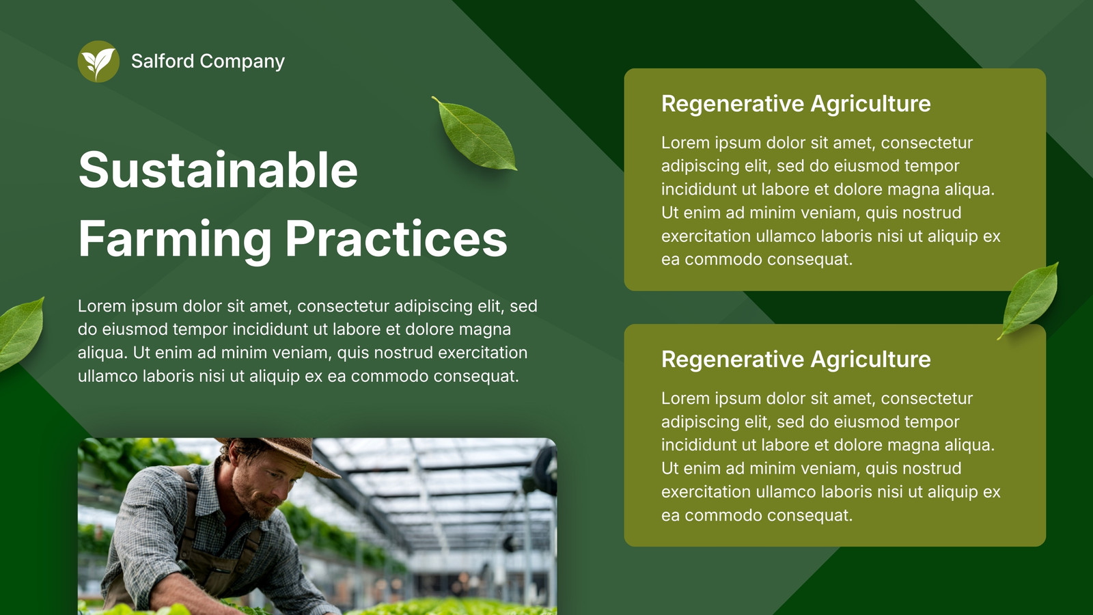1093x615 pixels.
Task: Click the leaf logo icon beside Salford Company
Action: [x=98, y=61]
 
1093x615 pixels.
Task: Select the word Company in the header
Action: [x=243, y=62]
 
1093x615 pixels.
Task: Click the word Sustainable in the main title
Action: [x=218, y=169]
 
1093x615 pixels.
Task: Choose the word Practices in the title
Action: [x=396, y=238]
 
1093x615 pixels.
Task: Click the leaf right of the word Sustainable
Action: [x=475, y=133]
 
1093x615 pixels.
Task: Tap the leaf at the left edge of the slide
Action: [x=21, y=334]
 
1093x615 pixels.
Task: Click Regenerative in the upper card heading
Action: [x=732, y=104]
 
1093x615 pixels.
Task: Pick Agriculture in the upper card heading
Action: [x=870, y=104]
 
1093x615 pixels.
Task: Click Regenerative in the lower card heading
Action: [x=732, y=359]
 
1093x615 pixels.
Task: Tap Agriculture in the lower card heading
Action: [x=870, y=359]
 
